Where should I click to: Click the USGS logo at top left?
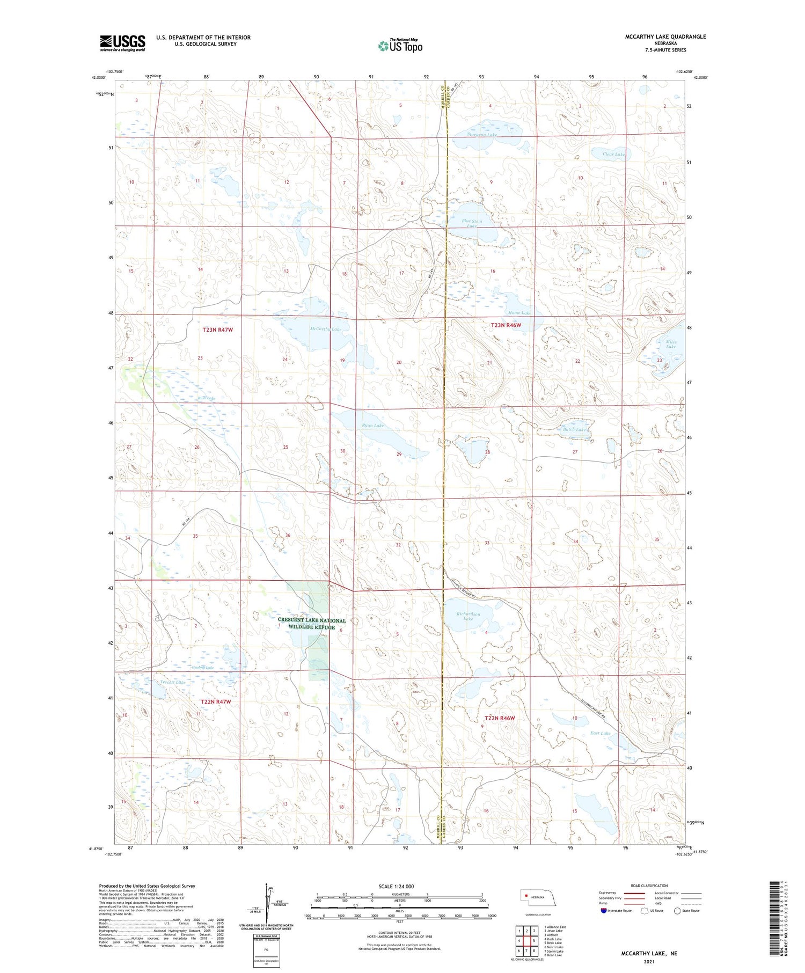(122, 43)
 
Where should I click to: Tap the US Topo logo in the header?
(400, 46)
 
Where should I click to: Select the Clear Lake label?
(614, 154)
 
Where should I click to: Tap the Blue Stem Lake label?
(472, 223)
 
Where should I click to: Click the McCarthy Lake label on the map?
(325, 329)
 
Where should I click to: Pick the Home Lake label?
(519, 312)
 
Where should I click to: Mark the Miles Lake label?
(671, 344)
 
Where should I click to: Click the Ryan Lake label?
(372, 425)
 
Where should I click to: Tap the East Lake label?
(600, 733)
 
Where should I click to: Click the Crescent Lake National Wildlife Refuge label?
(312, 624)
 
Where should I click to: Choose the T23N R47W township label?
(218, 330)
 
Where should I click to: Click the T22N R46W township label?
(500, 718)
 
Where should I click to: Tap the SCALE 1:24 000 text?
(396, 886)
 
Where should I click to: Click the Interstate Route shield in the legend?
(604, 911)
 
